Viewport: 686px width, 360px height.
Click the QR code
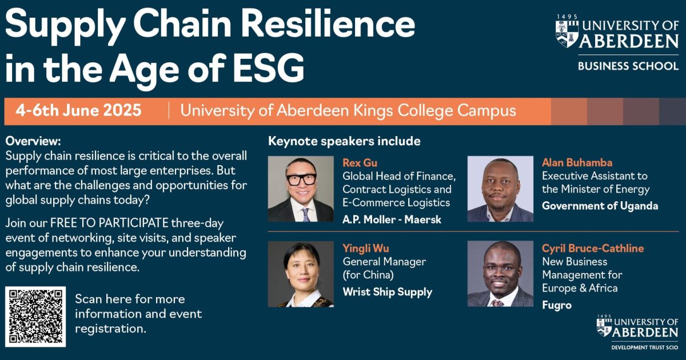pos(35,317)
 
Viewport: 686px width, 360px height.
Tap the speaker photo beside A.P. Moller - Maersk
pos(301,189)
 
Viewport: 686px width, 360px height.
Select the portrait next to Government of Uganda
pos(500,189)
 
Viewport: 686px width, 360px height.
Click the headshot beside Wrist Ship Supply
pos(301,274)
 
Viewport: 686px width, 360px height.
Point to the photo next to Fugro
pos(500,274)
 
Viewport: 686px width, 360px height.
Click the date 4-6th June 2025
pos(78,110)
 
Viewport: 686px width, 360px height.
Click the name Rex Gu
pos(360,163)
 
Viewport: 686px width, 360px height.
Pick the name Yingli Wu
pos(366,248)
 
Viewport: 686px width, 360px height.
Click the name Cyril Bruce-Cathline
pos(593,248)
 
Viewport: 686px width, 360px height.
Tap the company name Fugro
pos(556,305)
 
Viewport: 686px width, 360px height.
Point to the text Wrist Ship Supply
pos(387,292)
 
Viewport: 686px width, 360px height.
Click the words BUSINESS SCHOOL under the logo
pos(628,66)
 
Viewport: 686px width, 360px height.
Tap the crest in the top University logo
pos(567,32)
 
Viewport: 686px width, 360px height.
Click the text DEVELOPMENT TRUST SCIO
pos(644,347)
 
